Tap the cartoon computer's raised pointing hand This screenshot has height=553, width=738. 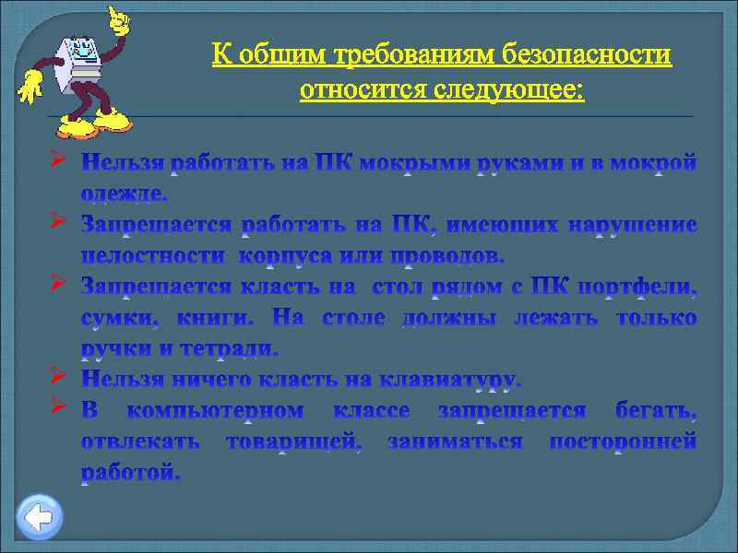click(117, 18)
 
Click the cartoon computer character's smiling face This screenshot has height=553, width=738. click(78, 47)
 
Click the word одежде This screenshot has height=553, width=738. click(124, 194)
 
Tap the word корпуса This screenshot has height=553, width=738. click(296, 253)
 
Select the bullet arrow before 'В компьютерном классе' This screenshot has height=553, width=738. click(57, 406)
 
